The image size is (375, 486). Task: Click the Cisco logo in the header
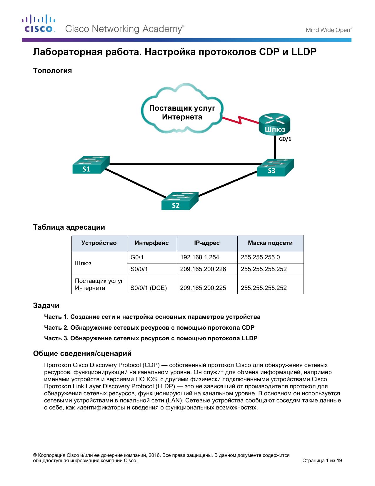(x=39, y=24)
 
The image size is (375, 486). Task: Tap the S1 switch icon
(x=91, y=164)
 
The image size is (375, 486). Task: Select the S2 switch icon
(x=180, y=201)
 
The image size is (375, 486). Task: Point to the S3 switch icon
(x=275, y=167)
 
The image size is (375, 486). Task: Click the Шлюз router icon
(x=274, y=124)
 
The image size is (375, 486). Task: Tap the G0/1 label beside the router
(x=285, y=139)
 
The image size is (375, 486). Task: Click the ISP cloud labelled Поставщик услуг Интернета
(x=182, y=108)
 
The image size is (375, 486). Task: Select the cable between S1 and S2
(x=136, y=183)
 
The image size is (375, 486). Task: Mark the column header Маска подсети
(x=270, y=243)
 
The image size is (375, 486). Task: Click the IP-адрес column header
(x=207, y=243)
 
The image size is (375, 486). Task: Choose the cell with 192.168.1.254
(x=207, y=258)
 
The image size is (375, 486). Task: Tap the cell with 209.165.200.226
(x=207, y=269)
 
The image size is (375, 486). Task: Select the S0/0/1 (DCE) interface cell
(x=152, y=284)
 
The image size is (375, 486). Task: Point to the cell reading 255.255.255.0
(x=270, y=258)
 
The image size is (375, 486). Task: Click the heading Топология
(x=53, y=71)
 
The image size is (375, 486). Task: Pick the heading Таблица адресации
(x=69, y=227)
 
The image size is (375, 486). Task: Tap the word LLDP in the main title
(x=304, y=52)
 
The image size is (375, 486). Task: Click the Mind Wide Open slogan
(x=329, y=30)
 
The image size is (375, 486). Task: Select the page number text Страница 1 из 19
(x=322, y=460)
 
